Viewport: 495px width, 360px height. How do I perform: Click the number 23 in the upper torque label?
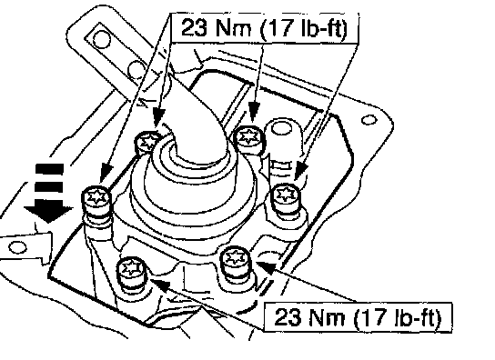[x=194, y=27]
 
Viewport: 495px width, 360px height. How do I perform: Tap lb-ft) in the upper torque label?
[x=324, y=29]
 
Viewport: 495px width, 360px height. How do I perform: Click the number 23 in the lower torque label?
[x=288, y=316]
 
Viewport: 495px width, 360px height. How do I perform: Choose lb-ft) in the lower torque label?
[x=417, y=317]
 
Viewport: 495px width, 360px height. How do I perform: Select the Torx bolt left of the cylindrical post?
[x=249, y=139]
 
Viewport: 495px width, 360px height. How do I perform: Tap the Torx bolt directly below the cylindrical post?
[x=286, y=197]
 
